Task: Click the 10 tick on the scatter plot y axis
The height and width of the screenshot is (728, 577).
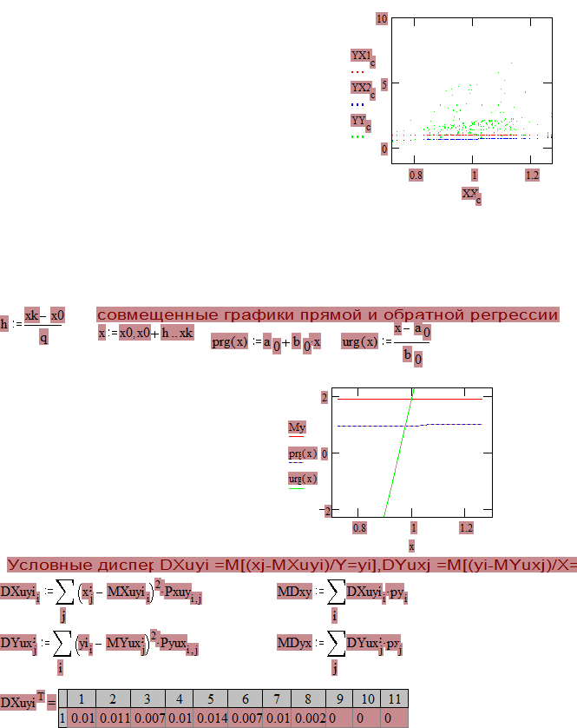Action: pyautogui.click(x=382, y=18)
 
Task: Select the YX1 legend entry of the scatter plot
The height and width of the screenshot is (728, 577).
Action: pyautogui.click(x=360, y=56)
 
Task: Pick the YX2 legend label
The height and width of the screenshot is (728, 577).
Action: pyautogui.click(x=360, y=88)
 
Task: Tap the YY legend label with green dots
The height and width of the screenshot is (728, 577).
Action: pyautogui.click(x=358, y=121)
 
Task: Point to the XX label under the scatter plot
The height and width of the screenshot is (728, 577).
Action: pyautogui.click(x=469, y=193)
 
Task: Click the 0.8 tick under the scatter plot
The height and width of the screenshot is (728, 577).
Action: pyautogui.click(x=416, y=175)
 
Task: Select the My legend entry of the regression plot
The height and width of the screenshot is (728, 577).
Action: pyautogui.click(x=297, y=427)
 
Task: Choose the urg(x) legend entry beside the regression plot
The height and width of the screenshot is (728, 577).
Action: pyautogui.click(x=302, y=478)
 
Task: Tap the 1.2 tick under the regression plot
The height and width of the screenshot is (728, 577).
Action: pyautogui.click(x=466, y=527)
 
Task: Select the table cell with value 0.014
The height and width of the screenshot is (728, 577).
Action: pyautogui.click(x=210, y=718)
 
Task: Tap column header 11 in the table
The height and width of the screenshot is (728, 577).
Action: pyautogui.click(x=394, y=699)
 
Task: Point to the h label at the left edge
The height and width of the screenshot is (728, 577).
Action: pyautogui.click(x=4, y=324)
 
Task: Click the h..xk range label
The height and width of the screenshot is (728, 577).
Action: pyautogui.click(x=177, y=333)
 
